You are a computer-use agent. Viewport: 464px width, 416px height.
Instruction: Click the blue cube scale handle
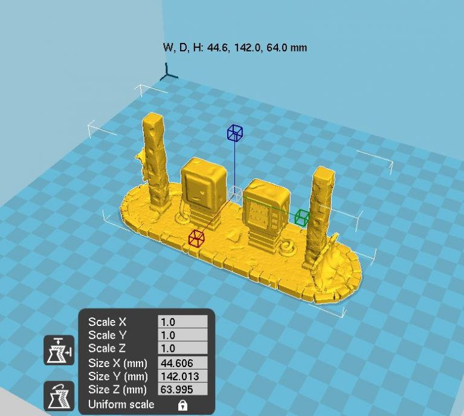[235, 132]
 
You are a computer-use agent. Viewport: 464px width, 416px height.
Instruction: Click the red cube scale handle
[196, 238]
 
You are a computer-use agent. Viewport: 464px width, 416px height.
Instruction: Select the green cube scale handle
[302, 217]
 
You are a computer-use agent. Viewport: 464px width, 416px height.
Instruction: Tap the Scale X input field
[182, 322]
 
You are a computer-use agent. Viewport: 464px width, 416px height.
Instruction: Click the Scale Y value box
[182, 335]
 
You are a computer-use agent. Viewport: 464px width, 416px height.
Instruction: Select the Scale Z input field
[182, 348]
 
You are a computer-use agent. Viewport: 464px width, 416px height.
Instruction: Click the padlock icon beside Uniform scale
[183, 405]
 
